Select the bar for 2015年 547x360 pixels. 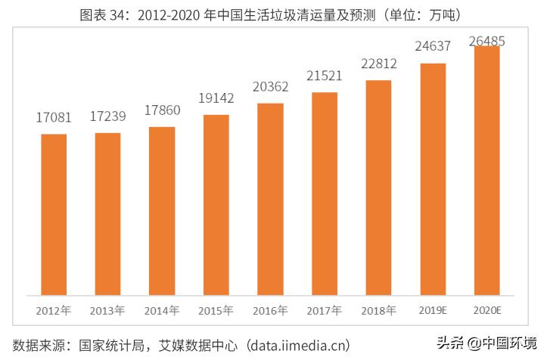(216, 204)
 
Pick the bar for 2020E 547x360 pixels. (486, 170)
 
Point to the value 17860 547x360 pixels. (162, 110)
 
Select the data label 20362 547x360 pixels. (270, 87)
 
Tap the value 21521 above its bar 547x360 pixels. (325, 76)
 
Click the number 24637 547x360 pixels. (433, 47)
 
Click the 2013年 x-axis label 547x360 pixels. (107, 310)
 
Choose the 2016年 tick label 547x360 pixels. (270, 310)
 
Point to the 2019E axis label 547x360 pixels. (433, 310)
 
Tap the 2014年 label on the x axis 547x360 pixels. (162, 310)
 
